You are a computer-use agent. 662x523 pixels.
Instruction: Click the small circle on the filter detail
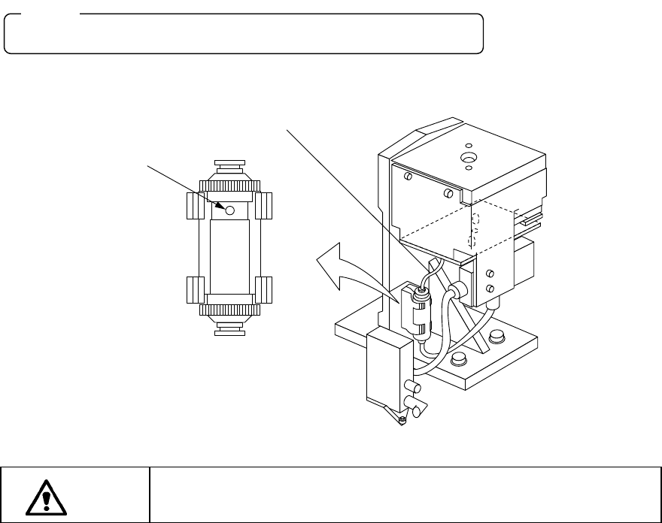point(230,210)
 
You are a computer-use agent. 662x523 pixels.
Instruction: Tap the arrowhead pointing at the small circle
point(223,205)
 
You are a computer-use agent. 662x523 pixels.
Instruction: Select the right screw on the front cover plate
point(449,193)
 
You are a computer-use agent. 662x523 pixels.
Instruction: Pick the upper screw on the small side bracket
point(490,274)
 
